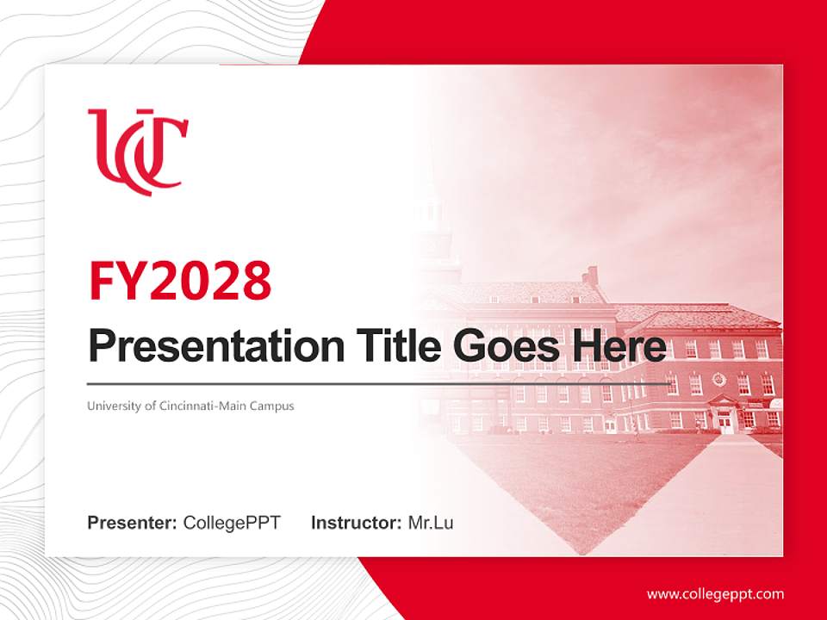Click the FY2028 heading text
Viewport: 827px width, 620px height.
pyautogui.click(x=180, y=280)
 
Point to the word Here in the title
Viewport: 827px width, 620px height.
pyautogui.click(x=619, y=346)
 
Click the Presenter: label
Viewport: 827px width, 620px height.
pyautogui.click(x=133, y=523)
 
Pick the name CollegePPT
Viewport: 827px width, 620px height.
pyautogui.click(x=232, y=523)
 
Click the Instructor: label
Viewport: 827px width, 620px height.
pyautogui.click(x=356, y=523)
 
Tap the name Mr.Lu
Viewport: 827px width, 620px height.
pyautogui.click(x=431, y=523)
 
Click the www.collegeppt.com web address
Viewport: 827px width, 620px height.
pyautogui.click(x=715, y=593)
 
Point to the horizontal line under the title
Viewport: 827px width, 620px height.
pyautogui.click(x=379, y=383)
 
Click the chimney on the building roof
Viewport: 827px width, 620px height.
pyautogui.click(x=591, y=276)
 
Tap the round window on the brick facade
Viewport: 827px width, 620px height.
pyautogui.click(x=719, y=380)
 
